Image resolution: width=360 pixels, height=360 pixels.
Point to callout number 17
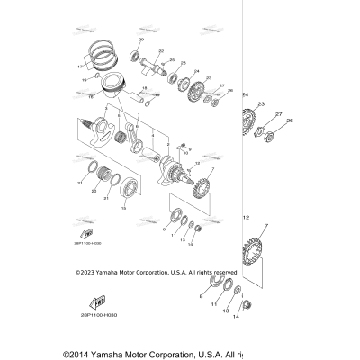(x=79, y=66)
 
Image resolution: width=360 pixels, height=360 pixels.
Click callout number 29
(x=140, y=42)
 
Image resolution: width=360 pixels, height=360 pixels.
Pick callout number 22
(x=161, y=51)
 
